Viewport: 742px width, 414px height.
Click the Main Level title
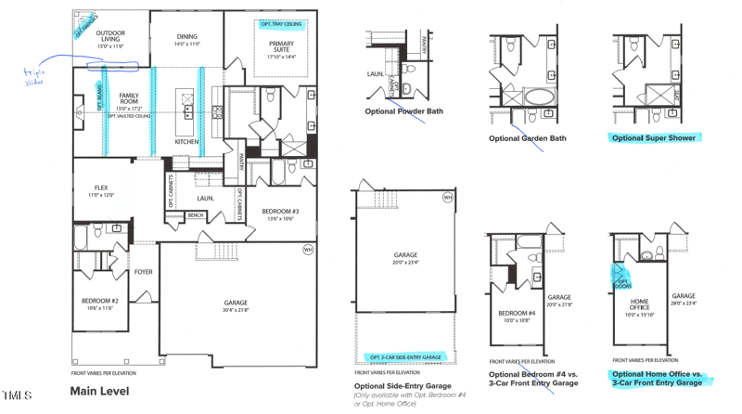(x=100, y=391)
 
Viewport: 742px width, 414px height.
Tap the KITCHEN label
(x=187, y=141)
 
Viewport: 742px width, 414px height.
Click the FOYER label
(x=143, y=272)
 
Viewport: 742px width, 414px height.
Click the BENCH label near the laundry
(x=196, y=215)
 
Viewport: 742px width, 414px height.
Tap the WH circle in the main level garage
(x=308, y=250)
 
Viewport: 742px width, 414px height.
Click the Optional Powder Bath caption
(x=404, y=110)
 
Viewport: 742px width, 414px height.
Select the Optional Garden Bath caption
(x=527, y=138)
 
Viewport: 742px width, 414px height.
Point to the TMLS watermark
(x=17, y=395)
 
